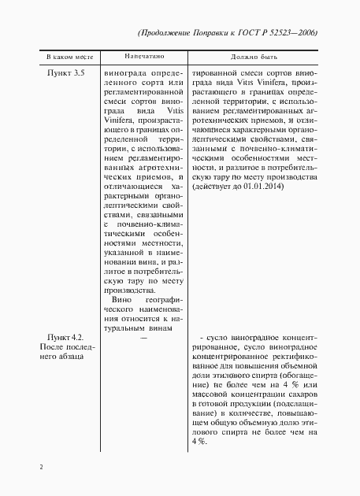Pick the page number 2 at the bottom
click(x=40, y=467)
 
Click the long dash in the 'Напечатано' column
click(x=143, y=337)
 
